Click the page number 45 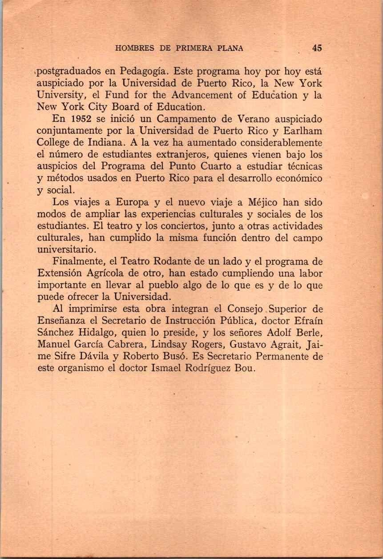click(x=317, y=48)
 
